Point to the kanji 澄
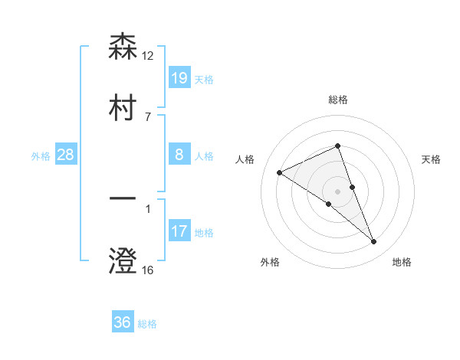tap(123, 261)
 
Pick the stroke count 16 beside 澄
tap(148, 270)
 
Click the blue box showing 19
tap(179, 77)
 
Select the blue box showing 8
tap(179, 155)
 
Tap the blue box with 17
tap(179, 231)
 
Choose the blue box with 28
tap(66, 155)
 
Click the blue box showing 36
tap(123, 322)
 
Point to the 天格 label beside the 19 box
tap(204, 79)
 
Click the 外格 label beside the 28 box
tap(41, 156)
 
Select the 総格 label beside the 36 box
tap(147, 324)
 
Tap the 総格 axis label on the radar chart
tap(338, 100)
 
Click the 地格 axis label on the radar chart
tap(402, 262)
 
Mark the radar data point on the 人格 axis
tap(280, 172)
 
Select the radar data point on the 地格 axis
tap(374, 242)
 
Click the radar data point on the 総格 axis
tap(338, 146)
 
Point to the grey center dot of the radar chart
tap(338, 191)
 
